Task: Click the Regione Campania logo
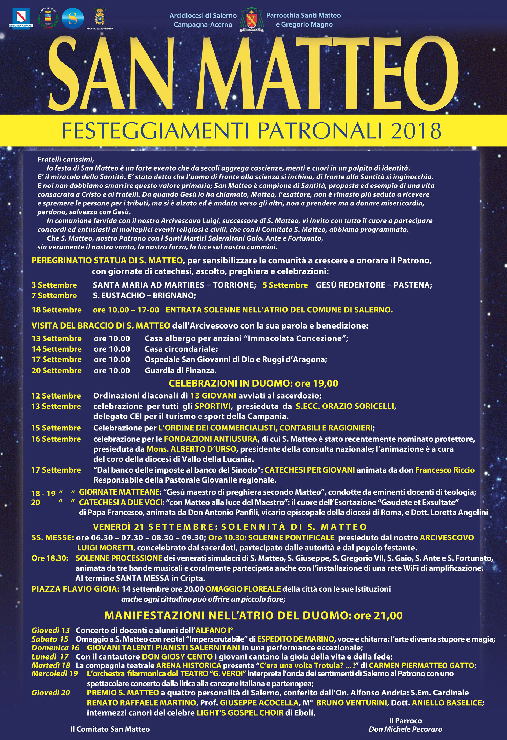click(21, 18)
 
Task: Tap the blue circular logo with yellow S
click(73, 19)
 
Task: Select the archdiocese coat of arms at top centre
click(251, 20)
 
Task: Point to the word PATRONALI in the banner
click(320, 131)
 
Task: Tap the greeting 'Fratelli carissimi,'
click(66, 159)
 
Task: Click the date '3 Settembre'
click(54, 285)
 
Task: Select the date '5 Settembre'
click(285, 285)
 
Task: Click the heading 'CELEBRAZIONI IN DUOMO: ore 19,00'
click(253, 383)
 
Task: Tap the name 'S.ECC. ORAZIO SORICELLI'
click(345, 406)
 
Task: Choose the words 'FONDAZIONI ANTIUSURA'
click(211, 439)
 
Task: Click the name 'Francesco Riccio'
click(444, 470)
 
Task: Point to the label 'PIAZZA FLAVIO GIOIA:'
click(75, 589)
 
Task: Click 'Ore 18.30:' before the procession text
click(50, 558)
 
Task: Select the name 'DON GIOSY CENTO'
click(177, 657)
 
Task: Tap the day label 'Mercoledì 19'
click(54, 673)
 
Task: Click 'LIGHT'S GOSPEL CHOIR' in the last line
click(240, 713)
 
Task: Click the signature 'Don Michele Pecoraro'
click(405, 729)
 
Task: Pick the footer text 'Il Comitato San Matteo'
click(110, 729)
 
